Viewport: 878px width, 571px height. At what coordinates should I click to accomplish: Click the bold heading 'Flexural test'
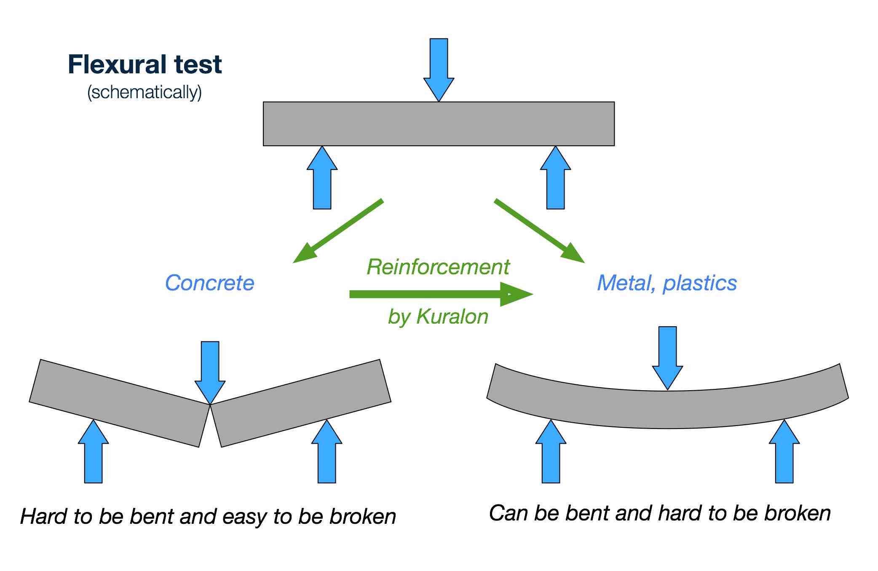pos(145,64)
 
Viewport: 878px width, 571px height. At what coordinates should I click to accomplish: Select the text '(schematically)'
pos(145,92)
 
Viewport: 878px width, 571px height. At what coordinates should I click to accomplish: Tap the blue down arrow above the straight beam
pos(439,67)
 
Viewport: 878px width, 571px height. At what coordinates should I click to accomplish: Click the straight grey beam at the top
pos(439,123)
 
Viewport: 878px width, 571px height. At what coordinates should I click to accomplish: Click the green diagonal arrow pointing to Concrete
pos(337,231)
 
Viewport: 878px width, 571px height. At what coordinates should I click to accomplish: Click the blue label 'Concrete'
pos(209,283)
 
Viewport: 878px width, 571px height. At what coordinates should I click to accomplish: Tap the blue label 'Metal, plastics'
pos(667,283)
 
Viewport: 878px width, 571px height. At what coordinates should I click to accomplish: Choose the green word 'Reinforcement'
pos(438,267)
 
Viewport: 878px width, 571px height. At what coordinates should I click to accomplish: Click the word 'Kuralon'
pos(452,316)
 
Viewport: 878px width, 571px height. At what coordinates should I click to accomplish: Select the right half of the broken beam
pos(301,402)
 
